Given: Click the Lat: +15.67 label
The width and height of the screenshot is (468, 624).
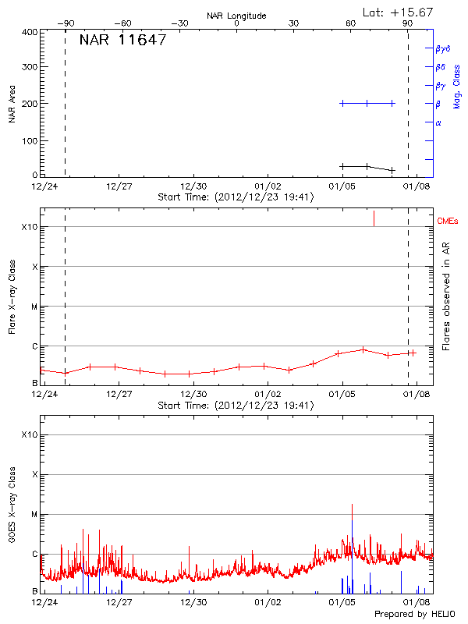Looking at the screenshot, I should pos(399,12).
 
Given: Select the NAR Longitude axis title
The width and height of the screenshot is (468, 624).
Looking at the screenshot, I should pos(236,16).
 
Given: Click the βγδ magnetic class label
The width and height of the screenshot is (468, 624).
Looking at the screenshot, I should pos(443,48).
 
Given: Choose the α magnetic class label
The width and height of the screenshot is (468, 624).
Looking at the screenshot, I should pos(438,122).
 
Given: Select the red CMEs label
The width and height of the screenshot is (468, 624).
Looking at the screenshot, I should pos(448,222).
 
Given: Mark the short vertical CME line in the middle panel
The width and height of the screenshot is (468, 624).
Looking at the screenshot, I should pos(374,218).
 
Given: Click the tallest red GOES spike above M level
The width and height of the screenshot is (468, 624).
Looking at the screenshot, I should pos(352,507).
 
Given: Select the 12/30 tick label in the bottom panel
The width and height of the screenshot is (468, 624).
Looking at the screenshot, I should pos(193,602).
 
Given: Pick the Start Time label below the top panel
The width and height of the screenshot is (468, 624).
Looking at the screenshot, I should pos(236,197).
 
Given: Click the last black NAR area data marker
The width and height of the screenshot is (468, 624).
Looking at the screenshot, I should pos(392,170).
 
